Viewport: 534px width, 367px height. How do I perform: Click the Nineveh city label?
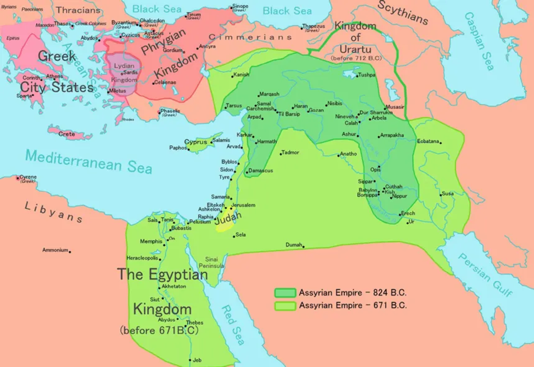point(345,117)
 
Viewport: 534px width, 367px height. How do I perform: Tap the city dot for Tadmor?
point(281,153)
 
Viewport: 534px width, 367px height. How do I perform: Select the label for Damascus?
point(260,171)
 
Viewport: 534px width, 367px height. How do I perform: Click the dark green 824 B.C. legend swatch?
point(285,293)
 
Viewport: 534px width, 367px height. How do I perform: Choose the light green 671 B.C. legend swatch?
point(285,306)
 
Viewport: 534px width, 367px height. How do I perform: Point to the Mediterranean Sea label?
point(89,161)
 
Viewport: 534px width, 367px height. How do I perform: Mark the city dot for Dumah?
point(304,247)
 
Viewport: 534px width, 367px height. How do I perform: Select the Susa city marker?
point(440,194)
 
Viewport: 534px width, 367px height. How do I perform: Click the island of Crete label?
point(67,134)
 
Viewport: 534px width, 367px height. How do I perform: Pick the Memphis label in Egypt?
point(151,241)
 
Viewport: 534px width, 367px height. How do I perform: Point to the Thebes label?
point(195,323)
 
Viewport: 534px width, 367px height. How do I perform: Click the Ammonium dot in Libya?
point(70,251)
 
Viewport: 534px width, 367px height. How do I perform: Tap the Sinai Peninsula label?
point(215,263)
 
